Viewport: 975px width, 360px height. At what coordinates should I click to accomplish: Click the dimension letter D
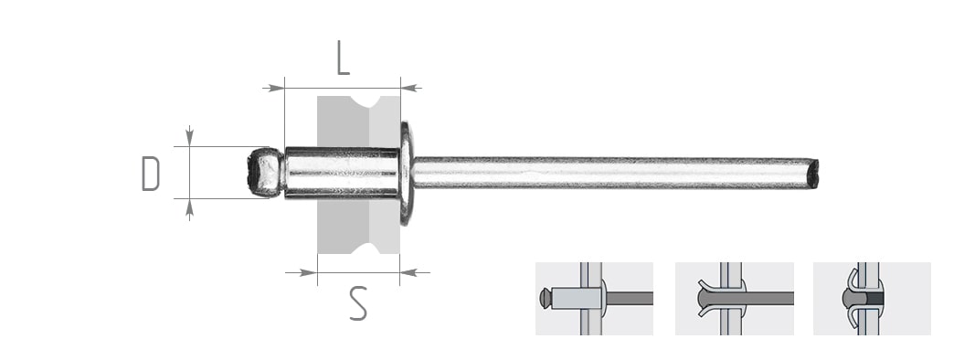(x=151, y=174)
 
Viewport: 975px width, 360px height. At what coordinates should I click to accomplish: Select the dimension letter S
(x=358, y=302)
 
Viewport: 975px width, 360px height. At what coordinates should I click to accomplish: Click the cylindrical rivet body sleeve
(x=342, y=173)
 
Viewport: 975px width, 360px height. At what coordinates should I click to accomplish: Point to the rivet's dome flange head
(x=406, y=174)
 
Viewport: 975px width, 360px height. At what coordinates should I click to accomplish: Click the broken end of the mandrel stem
(x=812, y=174)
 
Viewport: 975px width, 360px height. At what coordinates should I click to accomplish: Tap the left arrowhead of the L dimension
(x=273, y=89)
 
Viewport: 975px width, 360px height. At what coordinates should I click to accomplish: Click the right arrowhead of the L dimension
(x=411, y=89)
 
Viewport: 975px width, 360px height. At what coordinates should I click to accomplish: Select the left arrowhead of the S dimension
(x=307, y=272)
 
